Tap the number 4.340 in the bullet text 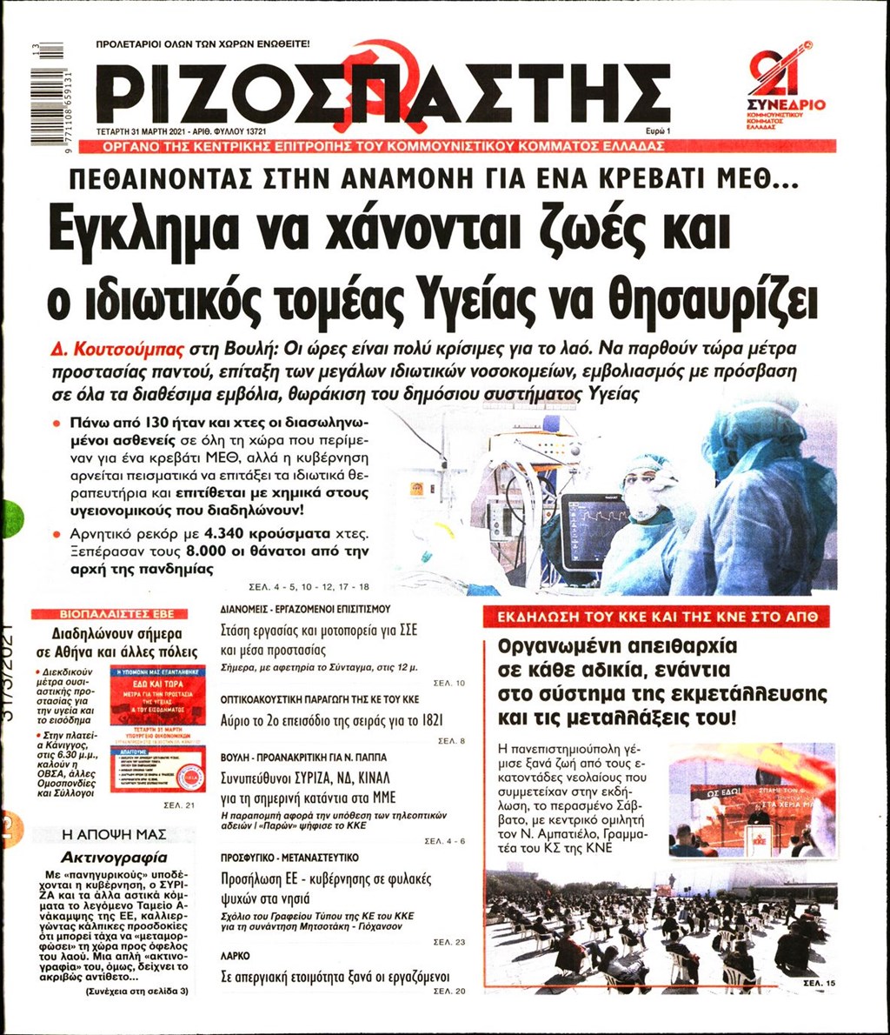233,531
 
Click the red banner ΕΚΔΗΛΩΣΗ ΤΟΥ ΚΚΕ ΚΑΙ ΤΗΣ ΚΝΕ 656,618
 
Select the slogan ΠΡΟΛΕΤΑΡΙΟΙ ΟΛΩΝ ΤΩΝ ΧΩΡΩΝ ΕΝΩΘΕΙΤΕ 203,43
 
